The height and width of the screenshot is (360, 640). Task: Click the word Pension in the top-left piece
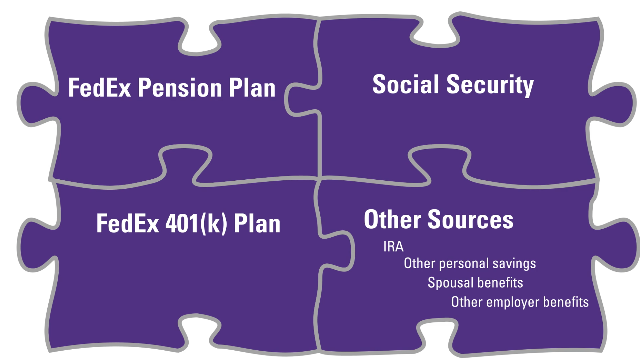[180, 88]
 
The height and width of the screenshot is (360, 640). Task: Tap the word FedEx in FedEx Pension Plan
[99, 88]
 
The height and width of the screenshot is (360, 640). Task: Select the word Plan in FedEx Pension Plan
[252, 88]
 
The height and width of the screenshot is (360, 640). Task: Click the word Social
[406, 84]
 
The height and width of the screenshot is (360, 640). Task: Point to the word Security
[490, 85]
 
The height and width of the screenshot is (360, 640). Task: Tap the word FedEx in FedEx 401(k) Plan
[127, 224]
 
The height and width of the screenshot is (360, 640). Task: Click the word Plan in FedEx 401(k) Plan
[257, 224]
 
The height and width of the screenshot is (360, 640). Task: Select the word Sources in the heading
[470, 220]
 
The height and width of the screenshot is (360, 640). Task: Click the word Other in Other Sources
[392, 220]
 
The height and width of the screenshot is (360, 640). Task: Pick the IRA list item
[393, 247]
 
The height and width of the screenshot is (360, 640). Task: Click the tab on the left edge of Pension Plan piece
[36, 104]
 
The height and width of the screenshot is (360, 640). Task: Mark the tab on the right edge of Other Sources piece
[616, 245]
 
